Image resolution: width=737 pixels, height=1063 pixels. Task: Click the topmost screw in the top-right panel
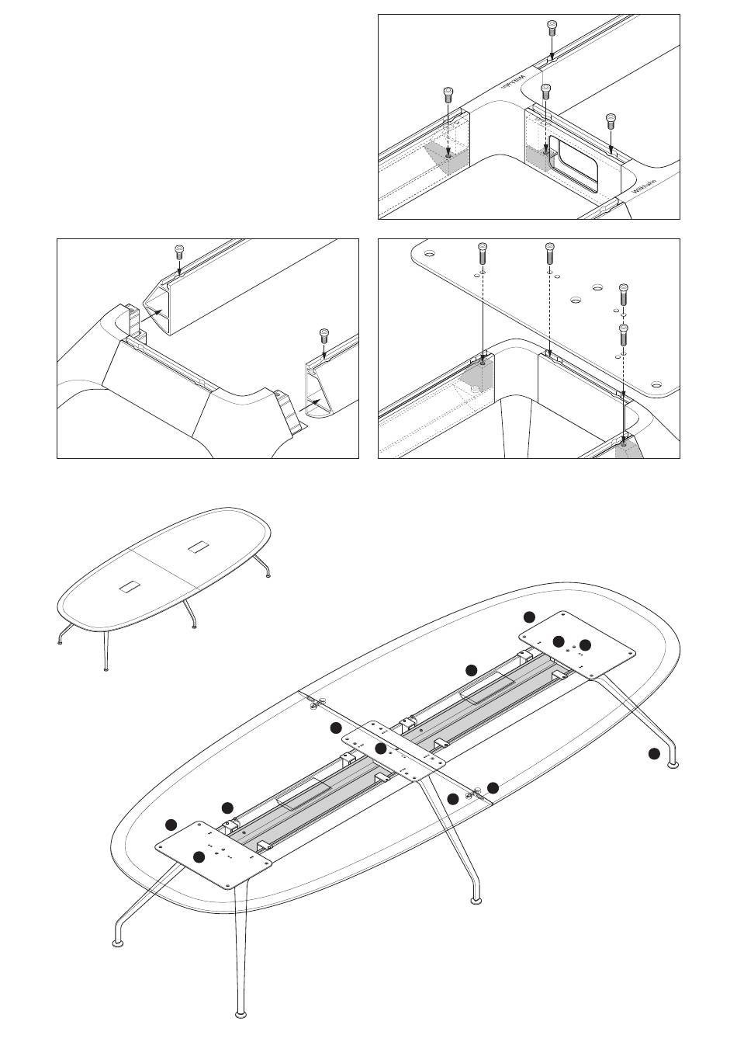551,28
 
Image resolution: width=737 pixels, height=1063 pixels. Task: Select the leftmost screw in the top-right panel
448,95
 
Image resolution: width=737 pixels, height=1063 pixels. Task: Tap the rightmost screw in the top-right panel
611,120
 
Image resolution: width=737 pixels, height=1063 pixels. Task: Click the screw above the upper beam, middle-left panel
178,252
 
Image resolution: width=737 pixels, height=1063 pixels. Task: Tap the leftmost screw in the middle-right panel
482,252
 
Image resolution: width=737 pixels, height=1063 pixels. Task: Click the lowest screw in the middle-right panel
622,335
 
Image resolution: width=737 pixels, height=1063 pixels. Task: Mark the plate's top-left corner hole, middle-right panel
429,252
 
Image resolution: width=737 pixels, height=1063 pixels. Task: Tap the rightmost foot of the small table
268,575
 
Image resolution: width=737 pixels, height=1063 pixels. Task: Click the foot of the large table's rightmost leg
673,765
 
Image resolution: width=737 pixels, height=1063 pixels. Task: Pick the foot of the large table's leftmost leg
118,943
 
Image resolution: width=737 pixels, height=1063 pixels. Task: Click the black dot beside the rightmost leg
654,753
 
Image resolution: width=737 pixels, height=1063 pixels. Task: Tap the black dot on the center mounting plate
380,749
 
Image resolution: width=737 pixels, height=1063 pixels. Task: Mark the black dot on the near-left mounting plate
199,857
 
